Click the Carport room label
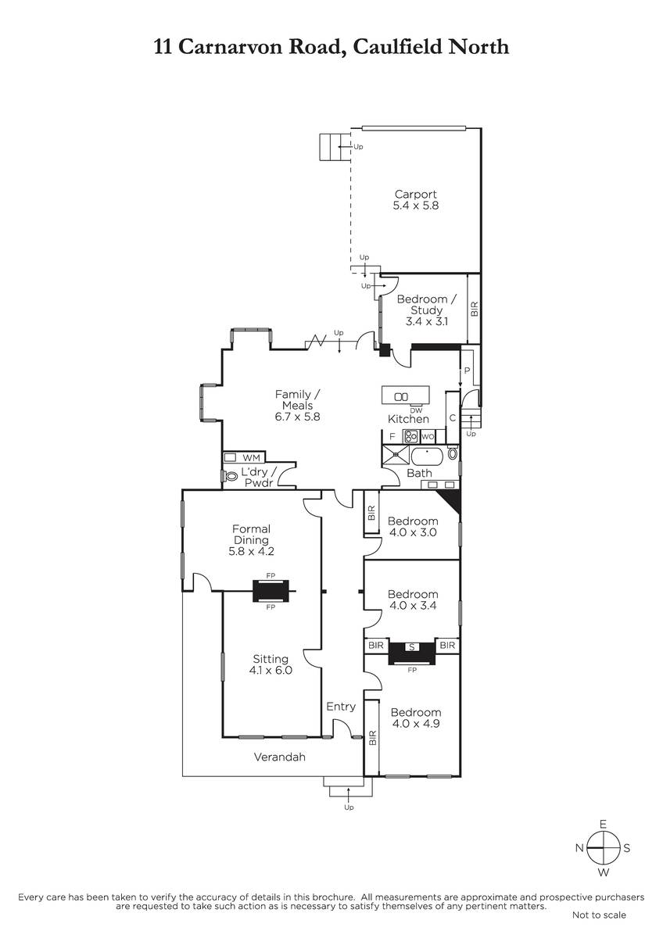click(415, 195)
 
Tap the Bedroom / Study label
click(426, 304)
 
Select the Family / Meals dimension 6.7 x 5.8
click(297, 417)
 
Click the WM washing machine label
click(251, 458)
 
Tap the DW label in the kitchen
click(416, 411)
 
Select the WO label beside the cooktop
click(428, 437)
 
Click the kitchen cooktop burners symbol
click(410, 436)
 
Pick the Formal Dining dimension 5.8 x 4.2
click(251, 551)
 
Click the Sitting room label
click(271, 659)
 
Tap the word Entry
click(341, 707)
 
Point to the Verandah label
click(280, 757)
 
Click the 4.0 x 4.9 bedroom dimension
click(416, 724)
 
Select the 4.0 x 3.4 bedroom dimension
click(413, 605)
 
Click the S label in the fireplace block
click(412, 647)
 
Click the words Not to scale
click(599, 915)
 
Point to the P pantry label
click(468, 371)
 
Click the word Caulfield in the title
click(397, 46)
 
